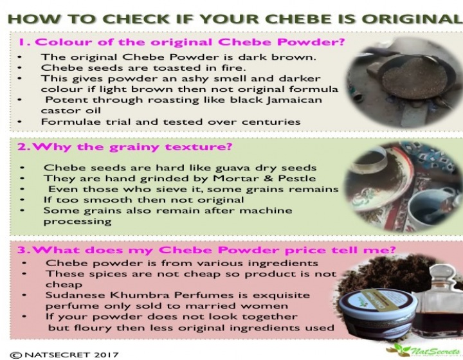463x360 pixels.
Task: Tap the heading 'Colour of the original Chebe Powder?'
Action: pos(189,42)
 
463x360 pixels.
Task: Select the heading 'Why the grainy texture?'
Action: pos(132,147)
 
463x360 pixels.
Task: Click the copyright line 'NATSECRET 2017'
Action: pos(71,354)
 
